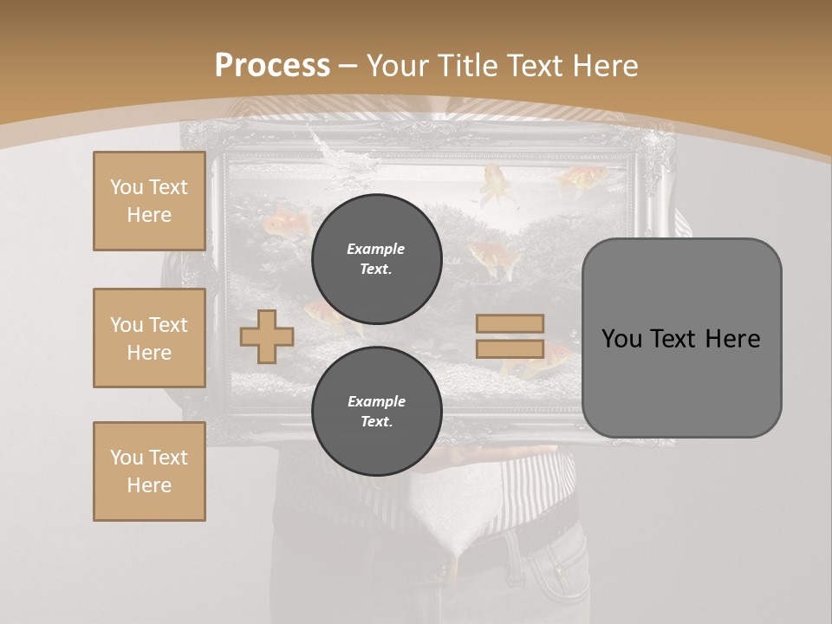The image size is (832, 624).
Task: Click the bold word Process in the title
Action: [x=272, y=65]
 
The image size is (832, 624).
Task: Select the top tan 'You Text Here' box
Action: [x=149, y=201]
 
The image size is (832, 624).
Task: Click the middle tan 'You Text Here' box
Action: [x=149, y=338]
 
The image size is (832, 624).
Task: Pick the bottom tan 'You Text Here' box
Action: [x=149, y=471]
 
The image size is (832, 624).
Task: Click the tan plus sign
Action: [x=266, y=336]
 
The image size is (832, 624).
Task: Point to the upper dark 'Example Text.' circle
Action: [x=376, y=259]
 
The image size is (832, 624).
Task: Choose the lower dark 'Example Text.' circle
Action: [x=376, y=412]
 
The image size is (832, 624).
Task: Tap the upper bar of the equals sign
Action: [x=510, y=323]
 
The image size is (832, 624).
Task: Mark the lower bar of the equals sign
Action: [x=510, y=348]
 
